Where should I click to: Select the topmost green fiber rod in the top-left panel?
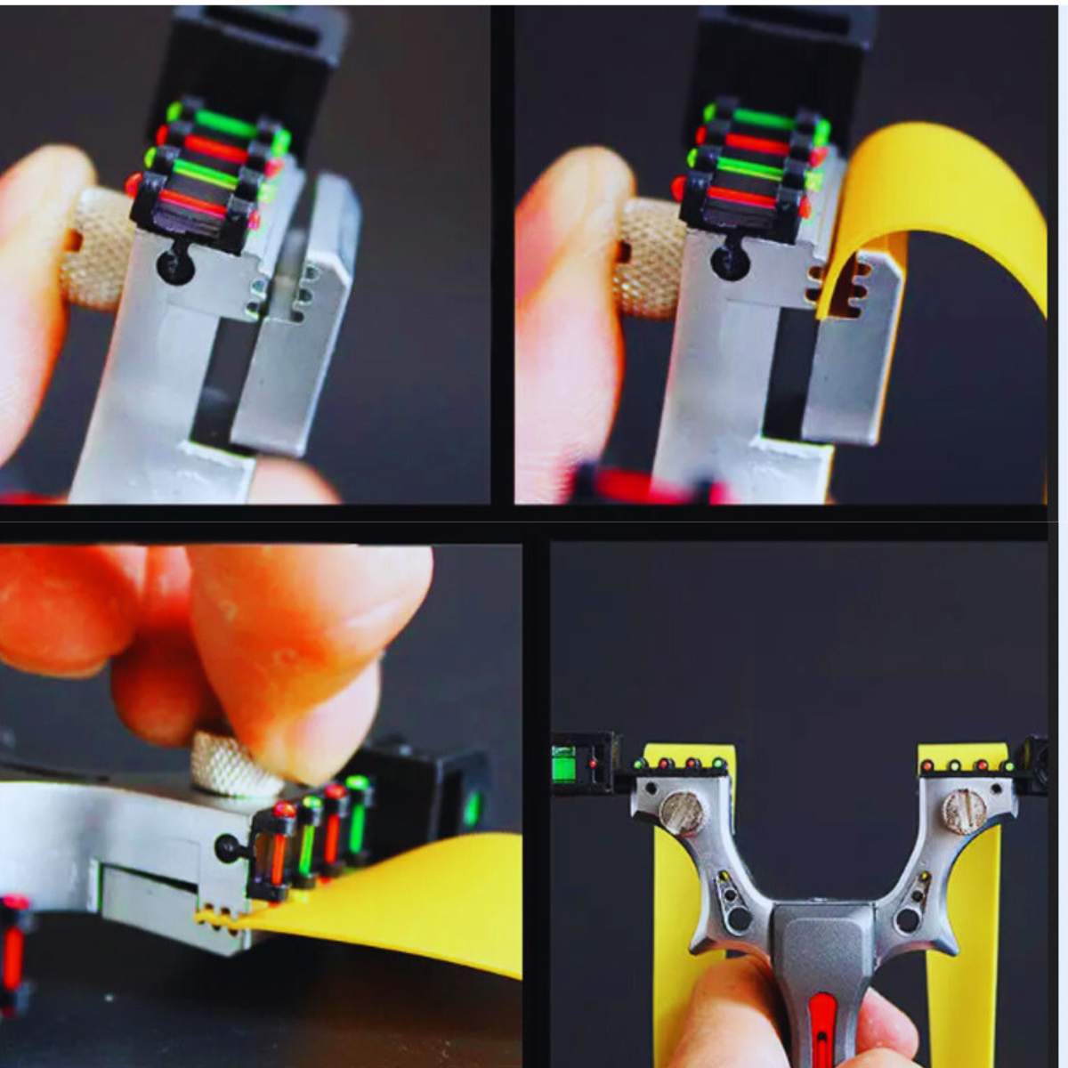[227, 123]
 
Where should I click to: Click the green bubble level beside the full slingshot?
[564, 765]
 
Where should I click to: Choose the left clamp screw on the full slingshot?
[683, 812]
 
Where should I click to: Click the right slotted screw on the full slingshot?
[964, 810]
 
